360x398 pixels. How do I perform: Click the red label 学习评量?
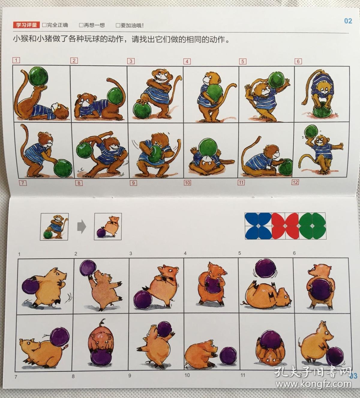tap(26, 25)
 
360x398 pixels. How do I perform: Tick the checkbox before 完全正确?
tap(44, 25)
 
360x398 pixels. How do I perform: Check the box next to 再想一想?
tap(81, 25)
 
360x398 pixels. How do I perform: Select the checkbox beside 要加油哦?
tap(118, 25)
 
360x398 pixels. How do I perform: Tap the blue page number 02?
tap(348, 21)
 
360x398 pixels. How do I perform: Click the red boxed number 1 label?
tap(16, 60)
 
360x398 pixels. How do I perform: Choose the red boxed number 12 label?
tap(295, 182)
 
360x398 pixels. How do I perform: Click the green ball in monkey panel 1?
tap(38, 77)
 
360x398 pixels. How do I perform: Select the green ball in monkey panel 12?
tap(311, 132)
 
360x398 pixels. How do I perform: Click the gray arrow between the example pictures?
tap(82, 227)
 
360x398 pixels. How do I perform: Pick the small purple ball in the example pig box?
tap(101, 233)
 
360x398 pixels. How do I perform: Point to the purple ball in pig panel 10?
tap(228, 356)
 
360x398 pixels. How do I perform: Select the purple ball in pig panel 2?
tap(88, 268)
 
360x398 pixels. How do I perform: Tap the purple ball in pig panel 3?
tap(143, 300)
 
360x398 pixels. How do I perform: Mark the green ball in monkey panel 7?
tap(63, 168)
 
